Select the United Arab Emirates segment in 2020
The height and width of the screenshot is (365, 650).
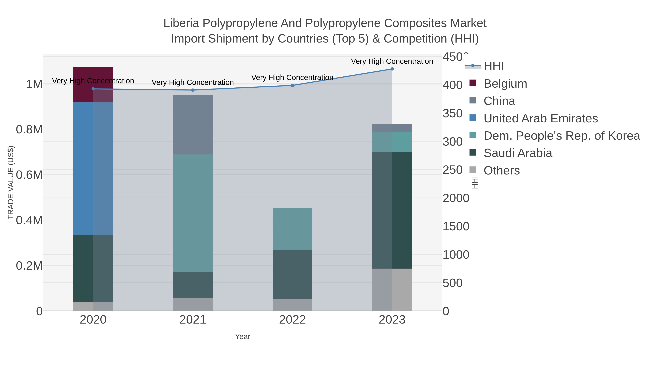[x=93, y=168]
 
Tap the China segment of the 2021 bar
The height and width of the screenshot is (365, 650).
[x=192, y=125]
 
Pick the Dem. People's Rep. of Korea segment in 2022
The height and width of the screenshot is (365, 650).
[x=292, y=229]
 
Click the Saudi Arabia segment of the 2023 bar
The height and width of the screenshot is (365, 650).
[x=392, y=210]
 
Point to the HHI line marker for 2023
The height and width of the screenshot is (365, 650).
[x=392, y=69]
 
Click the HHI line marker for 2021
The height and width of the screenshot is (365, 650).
[x=193, y=90]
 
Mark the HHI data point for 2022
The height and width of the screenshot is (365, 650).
[x=292, y=85]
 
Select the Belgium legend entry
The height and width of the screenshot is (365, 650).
[x=505, y=83]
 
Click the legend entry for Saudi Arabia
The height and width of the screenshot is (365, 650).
[x=517, y=153]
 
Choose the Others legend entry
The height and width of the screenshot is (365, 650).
[x=501, y=170]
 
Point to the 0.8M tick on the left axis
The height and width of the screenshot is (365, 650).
[x=29, y=129]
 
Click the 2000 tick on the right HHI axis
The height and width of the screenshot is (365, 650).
[x=456, y=198]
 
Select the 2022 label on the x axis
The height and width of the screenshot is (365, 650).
[x=292, y=320]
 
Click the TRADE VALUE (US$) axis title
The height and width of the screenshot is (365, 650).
[x=11, y=182]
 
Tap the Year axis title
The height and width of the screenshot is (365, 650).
[x=242, y=336]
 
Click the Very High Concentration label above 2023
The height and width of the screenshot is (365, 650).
[x=392, y=61]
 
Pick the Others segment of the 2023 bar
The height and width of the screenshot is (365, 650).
[x=392, y=289]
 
